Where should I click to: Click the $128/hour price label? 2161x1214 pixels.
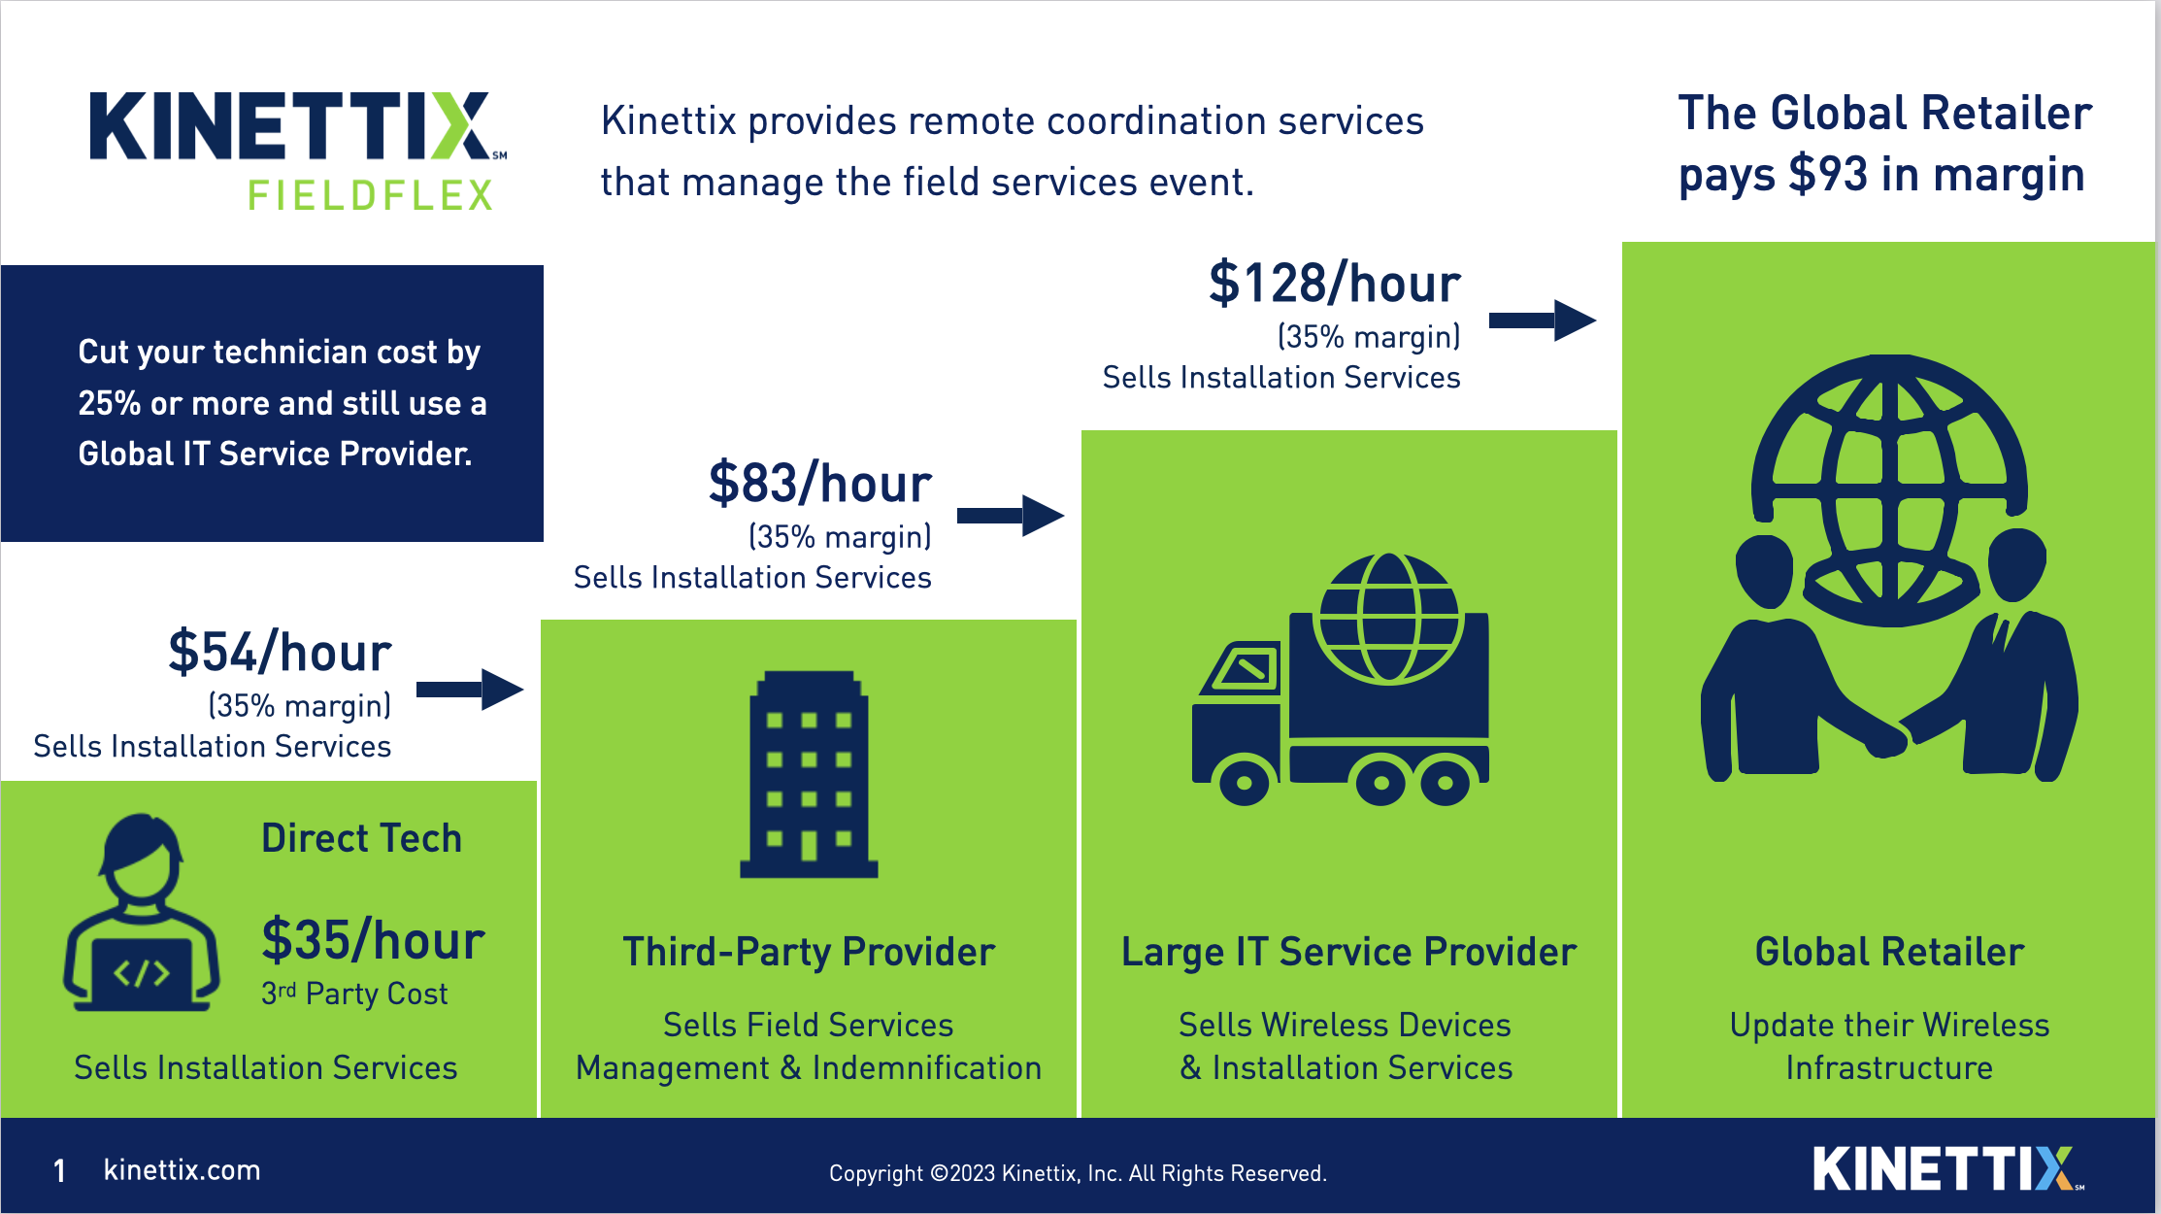1334,284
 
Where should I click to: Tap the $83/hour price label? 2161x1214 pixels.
819,484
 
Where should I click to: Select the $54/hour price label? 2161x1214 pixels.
280,653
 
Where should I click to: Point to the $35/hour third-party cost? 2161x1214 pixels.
373,940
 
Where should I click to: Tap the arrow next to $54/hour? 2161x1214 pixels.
470,690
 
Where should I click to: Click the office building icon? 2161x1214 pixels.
809,774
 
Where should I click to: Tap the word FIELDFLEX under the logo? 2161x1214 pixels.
370,195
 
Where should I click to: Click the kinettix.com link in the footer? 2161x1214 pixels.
182,1170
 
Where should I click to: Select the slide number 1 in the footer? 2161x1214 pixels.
60,1171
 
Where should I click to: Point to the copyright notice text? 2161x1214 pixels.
1078,1173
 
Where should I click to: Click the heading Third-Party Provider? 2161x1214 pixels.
809,952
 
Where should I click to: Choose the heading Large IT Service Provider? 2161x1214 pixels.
1348,952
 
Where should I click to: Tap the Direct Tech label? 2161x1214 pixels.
361,838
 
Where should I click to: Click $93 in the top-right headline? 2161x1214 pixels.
1827,175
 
